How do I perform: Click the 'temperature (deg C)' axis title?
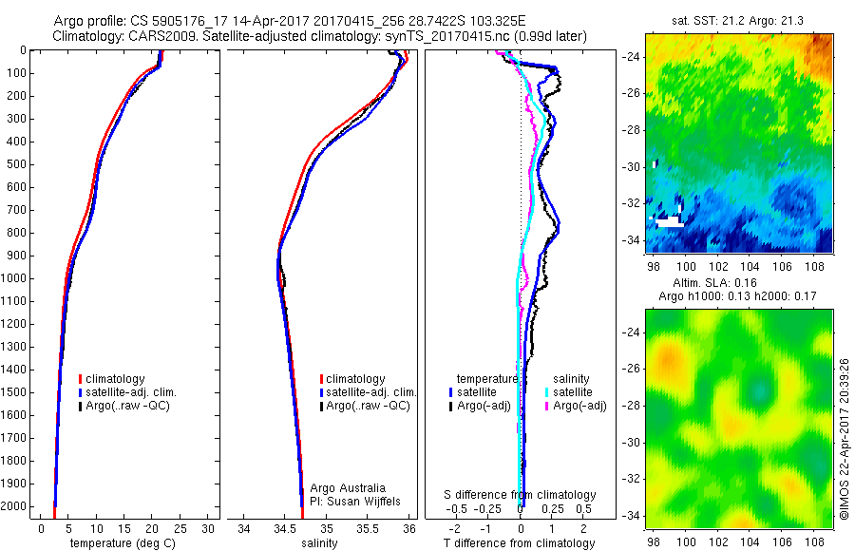pos(121,543)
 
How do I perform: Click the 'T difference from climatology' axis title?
pos(520,543)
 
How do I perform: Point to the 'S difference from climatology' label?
pos(521,495)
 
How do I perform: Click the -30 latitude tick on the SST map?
pos(632,166)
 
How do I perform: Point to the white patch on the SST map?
pos(670,221)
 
